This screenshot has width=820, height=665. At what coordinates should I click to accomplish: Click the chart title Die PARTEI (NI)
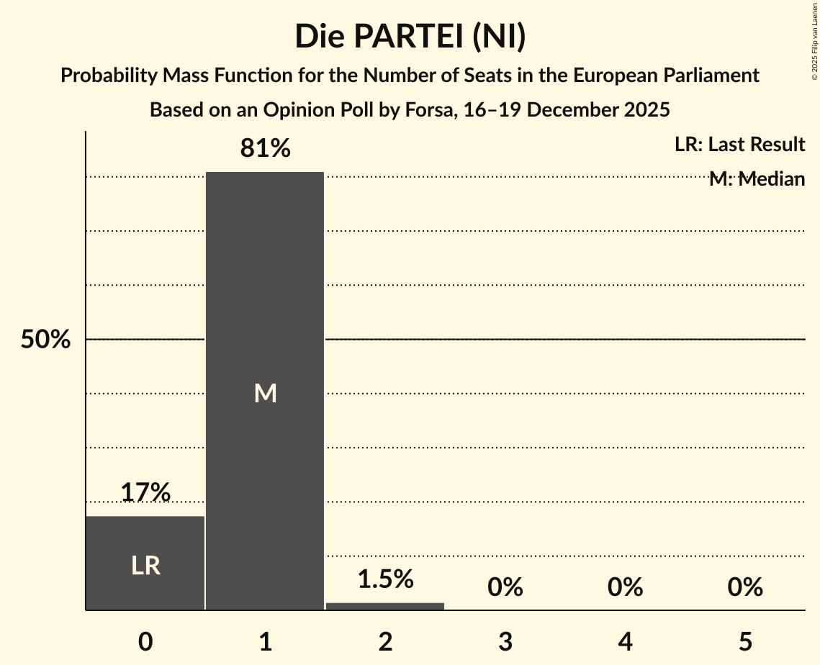[410, 37]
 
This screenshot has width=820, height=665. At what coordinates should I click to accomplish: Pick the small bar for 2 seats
[385, 606]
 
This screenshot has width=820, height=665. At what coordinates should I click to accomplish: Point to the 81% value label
[266, 149]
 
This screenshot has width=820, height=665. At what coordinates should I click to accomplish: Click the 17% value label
[145, 493]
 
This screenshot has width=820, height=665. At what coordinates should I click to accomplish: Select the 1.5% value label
[385, 579]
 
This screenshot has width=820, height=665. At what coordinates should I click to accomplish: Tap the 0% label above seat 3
[505, 587]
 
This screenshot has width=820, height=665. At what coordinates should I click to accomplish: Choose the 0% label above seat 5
[745, 587]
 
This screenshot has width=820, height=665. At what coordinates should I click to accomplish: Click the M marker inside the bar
[266, 393]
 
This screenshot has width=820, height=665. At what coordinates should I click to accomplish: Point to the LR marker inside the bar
[145, 566]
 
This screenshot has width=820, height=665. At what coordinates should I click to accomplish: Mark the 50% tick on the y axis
[45, 340]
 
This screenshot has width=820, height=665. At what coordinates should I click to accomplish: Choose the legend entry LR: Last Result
[739, 145]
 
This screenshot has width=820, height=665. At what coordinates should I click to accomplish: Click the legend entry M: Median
[757, 179]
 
